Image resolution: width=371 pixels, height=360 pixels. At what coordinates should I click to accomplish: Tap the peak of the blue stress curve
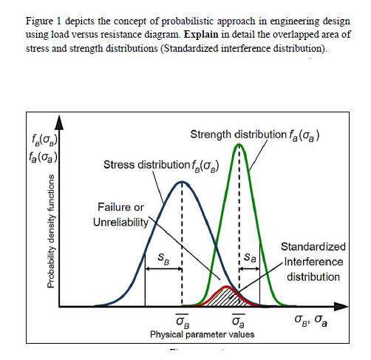pyautogui.click(x=182, y=182)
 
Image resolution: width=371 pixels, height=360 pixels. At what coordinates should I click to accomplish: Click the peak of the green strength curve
pyautogui.click(x=239, y=145)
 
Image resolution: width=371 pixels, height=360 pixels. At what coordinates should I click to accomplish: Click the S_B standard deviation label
pyautogui.click(x=164, y=259)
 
